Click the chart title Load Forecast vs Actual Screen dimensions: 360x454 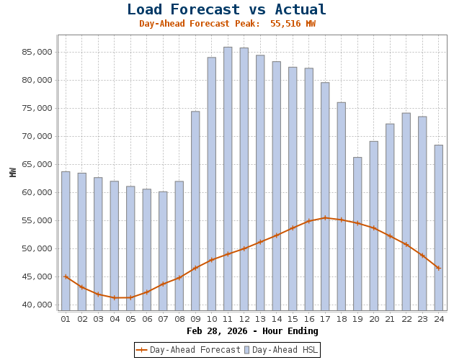227,10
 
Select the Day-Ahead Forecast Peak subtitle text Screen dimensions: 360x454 227,24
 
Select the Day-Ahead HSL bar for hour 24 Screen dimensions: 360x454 438,228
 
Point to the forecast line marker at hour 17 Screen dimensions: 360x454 325,217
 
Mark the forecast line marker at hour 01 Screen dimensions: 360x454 66,276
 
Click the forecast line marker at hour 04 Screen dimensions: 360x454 114,297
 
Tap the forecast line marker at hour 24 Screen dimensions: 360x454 438,268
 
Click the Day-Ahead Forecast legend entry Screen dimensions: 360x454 188,350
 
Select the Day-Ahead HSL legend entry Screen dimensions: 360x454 280,350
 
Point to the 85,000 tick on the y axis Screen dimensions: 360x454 37,52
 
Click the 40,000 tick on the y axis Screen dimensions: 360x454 37,305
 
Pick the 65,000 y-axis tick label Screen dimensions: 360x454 37,164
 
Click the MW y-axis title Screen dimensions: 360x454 13,172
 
